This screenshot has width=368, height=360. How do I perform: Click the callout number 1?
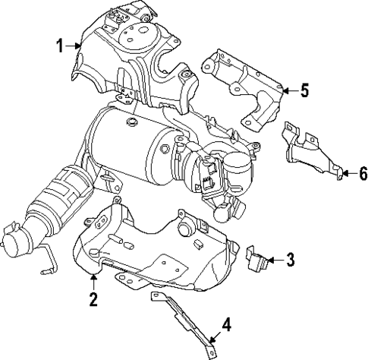click(59, 46)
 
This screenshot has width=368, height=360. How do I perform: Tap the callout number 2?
click(93, 299)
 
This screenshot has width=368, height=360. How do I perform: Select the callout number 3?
click(291, 261)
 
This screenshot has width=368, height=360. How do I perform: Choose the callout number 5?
click(304, 92)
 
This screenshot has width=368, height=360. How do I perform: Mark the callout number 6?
click(363, 175)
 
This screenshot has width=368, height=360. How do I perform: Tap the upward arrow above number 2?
click(93, 283)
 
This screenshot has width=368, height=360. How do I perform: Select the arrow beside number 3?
click(273, 261)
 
